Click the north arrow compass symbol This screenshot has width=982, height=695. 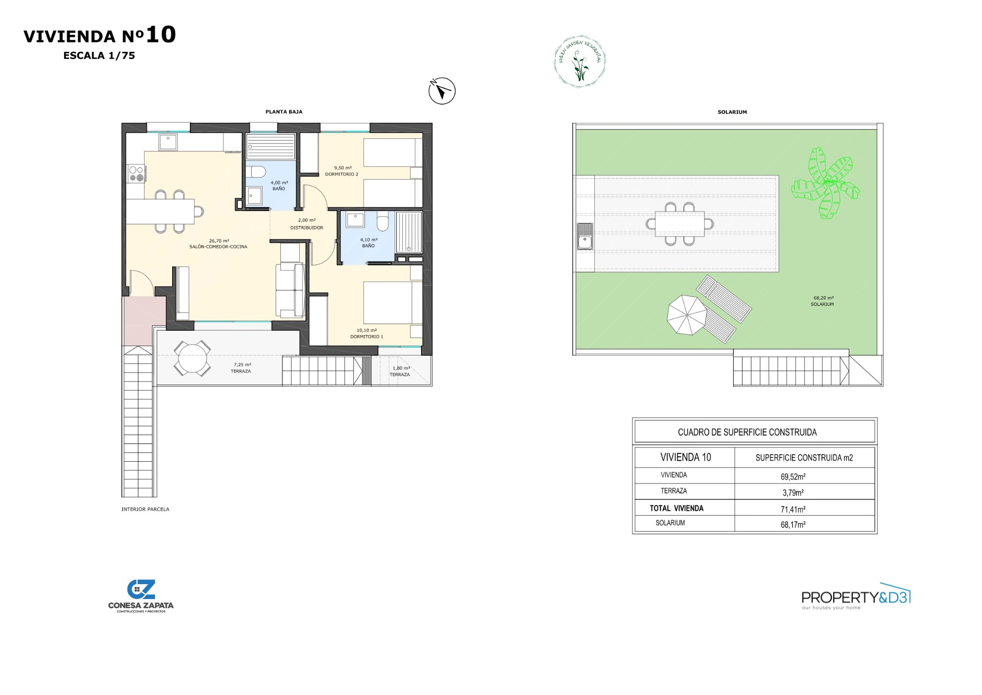coord(442,91)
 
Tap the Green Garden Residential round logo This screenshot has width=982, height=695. coord(580,61)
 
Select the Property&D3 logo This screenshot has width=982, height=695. coord(856,597)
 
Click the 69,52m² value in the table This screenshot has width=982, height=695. coord(793,477)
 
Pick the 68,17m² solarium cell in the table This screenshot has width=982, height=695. coord(793,525)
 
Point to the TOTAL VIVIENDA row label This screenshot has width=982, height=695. coord(676,508)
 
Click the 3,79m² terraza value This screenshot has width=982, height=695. coord(793,492)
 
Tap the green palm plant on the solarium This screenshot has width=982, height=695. coord(825,183)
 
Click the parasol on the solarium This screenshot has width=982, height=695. coord(687,315)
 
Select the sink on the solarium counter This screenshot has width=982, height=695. coord(585,237)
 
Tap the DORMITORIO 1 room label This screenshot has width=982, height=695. coord(366,337)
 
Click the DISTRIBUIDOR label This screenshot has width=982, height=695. coord(306,228)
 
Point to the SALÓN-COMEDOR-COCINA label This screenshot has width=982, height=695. coord(218,247)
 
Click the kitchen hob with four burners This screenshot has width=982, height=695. coord(136,174)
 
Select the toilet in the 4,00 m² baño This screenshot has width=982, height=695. coord(258,172)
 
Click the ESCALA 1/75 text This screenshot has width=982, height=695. coord(99,56)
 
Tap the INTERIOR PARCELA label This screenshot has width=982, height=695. coord(145,509)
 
